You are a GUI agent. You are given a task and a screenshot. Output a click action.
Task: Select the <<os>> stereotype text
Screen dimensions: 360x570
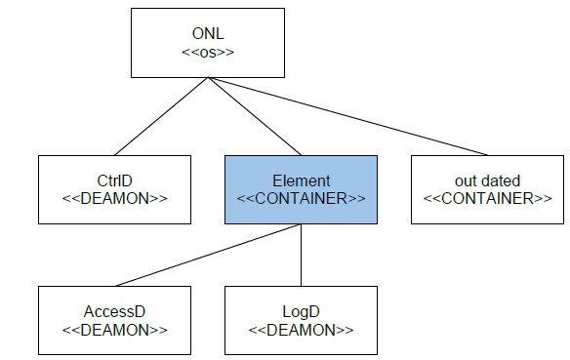point(205,53)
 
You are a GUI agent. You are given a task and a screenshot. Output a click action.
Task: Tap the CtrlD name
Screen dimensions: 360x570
point(113,180)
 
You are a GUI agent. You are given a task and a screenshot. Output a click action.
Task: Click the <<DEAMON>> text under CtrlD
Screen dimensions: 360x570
point(113,198)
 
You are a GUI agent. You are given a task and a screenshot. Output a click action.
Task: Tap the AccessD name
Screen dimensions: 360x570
point(113,311)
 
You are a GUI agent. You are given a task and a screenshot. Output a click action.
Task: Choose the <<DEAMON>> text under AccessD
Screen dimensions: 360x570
point(113,329)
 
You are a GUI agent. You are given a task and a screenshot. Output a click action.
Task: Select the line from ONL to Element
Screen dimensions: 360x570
point(254,116)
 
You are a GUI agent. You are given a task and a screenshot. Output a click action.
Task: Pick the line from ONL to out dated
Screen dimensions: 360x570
point(346,116)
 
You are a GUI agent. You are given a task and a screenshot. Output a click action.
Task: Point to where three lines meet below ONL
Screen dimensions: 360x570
point(206,78)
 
